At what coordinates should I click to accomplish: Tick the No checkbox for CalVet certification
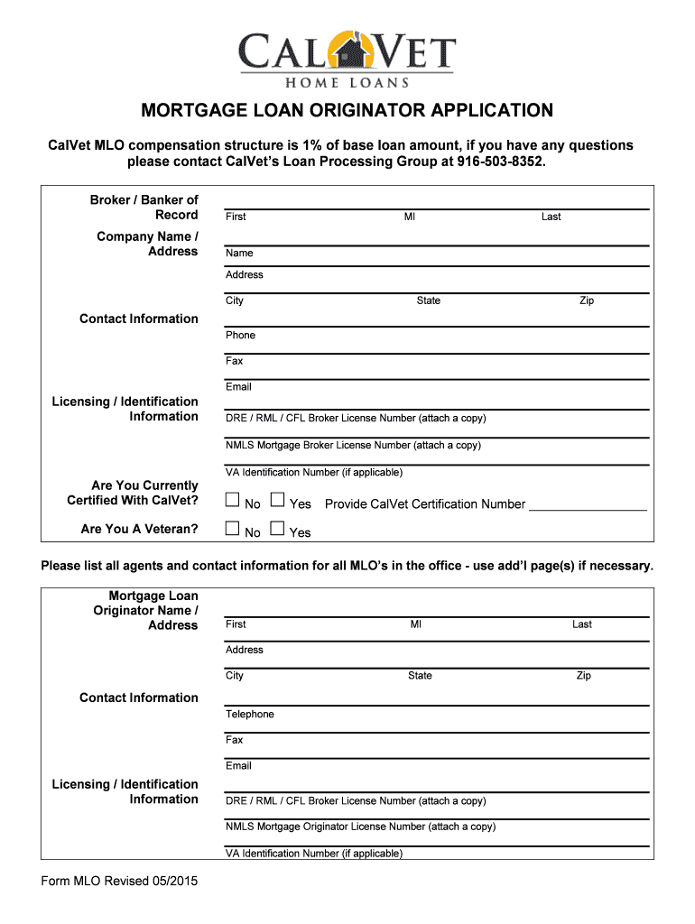(x=233, y=500)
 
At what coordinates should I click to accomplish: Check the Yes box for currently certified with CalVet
(x=277, y=500)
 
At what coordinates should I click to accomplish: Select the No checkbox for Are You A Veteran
(x=233, y=529)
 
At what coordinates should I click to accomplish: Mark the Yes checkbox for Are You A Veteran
(x=277, y=529)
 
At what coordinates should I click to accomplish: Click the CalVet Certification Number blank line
(x=588, y=505)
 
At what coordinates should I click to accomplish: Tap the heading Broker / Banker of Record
(x=144, y=208)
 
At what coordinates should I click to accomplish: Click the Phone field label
(x=240, y=336)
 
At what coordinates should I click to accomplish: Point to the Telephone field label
(x=250, y=715)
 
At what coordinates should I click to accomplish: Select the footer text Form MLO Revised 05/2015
(x=119, y=881)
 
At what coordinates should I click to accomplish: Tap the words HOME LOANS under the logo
(x=347, y=82)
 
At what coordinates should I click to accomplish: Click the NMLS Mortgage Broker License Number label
(x=353, y=446)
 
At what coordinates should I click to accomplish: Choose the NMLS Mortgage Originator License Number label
(x=360, y=827)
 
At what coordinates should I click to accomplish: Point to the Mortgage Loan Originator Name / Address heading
(x=147, y=611)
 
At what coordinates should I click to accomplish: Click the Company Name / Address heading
(x=147, y=244)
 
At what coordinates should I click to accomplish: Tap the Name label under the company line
(x=239, y=254)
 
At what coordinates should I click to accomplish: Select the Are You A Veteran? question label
(x=139, y=529)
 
